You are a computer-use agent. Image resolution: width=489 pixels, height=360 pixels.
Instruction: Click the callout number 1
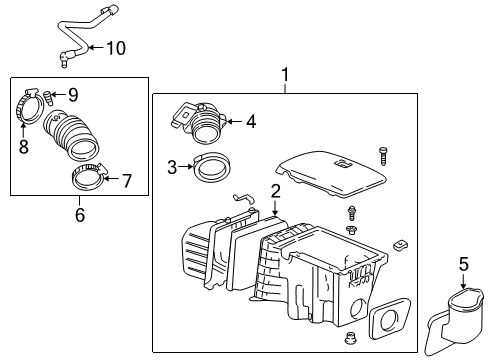(285, 74)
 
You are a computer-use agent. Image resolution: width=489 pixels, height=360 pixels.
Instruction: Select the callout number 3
(172, 167)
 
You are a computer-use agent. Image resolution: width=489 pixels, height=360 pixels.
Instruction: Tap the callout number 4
(251, 123)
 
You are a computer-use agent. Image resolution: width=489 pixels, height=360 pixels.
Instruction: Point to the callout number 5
(463, 265)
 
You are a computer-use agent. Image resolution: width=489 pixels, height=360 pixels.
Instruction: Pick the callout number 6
(79, 213)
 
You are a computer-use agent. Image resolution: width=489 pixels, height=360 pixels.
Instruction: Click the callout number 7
(126, 180)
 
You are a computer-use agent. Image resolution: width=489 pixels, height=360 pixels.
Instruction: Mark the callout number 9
(72, 95)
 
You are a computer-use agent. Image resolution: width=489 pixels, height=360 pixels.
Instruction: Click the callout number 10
(116, 47)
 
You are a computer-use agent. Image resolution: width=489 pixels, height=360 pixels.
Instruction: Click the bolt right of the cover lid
(381, 155)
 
